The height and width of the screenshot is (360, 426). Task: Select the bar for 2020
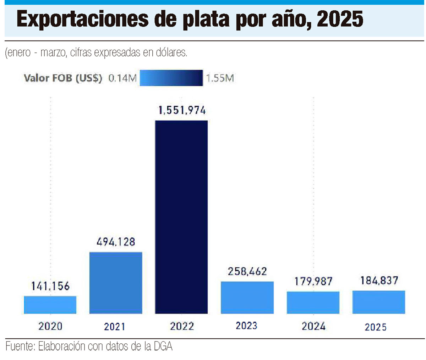[x=50, y=305]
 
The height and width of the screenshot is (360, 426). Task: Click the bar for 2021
[x=116, y=283]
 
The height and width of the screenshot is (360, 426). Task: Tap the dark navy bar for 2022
[x=181, y=217]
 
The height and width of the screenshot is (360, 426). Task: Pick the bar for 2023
[x=247, y=298]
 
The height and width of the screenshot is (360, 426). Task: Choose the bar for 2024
[x=313, y=303]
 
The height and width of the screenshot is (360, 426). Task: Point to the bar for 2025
[x=379, y=302]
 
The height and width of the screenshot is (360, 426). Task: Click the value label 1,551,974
[x=182, y=110]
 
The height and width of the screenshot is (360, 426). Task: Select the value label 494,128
[x=116, y=242]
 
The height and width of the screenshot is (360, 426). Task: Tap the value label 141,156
[x=50, y=286]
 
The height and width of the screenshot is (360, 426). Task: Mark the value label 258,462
[x=247, y=271]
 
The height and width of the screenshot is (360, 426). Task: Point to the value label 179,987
[x=313, y=281]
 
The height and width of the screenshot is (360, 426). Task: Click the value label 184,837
[x=379, y=281]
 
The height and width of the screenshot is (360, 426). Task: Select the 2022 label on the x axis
[x=182, y=326]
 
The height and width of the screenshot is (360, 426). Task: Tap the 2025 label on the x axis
[x=376, y=327]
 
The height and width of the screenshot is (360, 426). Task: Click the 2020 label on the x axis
[x=50, y=326]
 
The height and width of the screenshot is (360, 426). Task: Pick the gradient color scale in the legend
[x=171, y=78]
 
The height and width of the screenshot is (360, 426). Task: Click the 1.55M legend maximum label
[x=220, y=78]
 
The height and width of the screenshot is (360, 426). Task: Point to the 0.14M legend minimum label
[x=122, y=78]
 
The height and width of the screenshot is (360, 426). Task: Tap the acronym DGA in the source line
[x=163, y=346]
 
